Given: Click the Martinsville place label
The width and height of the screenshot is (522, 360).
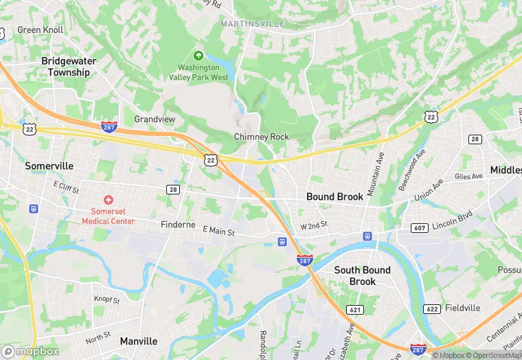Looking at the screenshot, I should coord(252,24).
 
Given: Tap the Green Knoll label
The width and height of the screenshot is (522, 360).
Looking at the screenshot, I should coord(40,30).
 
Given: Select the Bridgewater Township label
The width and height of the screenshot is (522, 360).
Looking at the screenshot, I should coord(69,67).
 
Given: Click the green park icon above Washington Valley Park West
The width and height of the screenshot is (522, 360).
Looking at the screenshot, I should coord(198,55).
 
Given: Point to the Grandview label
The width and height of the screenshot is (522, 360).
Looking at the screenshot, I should coord(155,119).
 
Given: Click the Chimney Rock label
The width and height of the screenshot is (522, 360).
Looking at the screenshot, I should coord(262,137).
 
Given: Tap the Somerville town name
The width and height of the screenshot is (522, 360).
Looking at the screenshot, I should coord(49,166).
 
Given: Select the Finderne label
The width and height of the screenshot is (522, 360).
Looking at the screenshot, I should coord(179,225).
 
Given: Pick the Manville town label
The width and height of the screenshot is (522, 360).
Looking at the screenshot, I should coord(139,341).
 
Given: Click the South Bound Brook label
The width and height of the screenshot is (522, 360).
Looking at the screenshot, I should coord(362,275).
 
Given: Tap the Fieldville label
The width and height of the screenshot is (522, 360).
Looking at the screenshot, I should coord(467,308).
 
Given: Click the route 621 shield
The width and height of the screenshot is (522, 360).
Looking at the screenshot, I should coord(354,310).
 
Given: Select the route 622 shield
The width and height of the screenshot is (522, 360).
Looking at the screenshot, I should coord(432,308).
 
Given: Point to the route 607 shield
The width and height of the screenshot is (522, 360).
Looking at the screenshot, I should coord(419,227).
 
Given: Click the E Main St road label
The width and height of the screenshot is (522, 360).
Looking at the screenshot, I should coord(218,232).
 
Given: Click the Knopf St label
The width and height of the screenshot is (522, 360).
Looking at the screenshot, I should coord(106,300).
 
